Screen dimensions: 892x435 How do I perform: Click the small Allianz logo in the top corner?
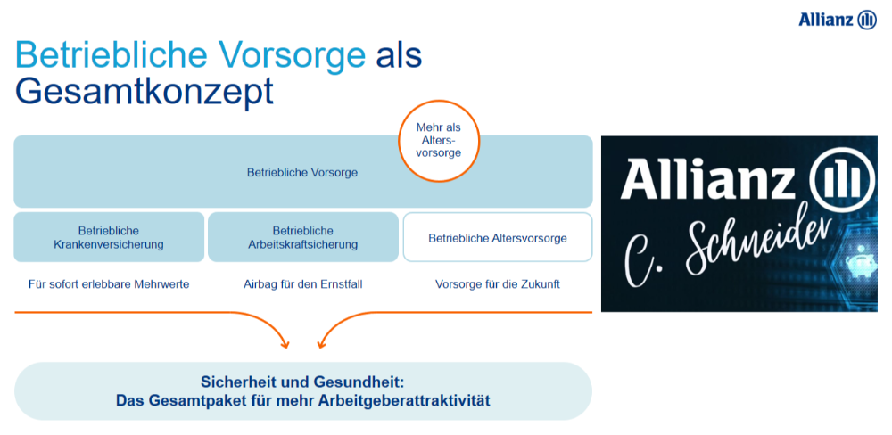[838, 20]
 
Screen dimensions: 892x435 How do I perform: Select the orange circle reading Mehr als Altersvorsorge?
[439, 141]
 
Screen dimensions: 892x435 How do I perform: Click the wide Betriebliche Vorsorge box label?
[302, 172]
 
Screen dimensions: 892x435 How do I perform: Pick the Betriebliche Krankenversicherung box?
[109, 237]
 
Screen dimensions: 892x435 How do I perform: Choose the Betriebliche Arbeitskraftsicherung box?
[303, 237]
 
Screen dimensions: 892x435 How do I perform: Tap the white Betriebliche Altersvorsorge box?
[498, 237]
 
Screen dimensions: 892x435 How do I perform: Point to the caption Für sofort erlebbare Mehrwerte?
[109, 284]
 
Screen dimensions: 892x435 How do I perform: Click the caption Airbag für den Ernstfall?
[302, 284]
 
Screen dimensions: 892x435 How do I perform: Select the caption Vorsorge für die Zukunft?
[498, 284]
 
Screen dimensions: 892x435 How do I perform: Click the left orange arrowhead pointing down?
[285, 343]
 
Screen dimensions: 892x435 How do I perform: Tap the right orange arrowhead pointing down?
[322, 343]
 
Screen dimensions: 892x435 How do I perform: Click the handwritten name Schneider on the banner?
[756, 244]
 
